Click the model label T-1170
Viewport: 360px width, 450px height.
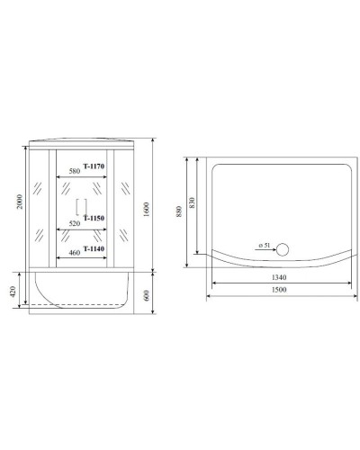pyautogui.click(x=94, y=166)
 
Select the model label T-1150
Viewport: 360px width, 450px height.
pyautogui.click(x=94, y=218)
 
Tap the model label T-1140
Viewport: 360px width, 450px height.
pyautogui.click(x=94, y=248)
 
